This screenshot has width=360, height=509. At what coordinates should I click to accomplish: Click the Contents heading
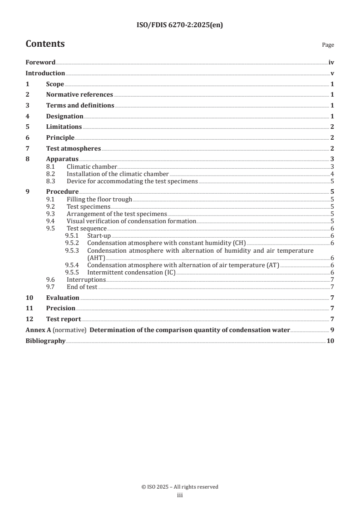pos(45,44)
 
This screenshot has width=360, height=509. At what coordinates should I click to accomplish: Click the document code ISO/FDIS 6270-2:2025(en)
pos(180,25)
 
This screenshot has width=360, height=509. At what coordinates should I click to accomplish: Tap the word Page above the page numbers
pos(328,45)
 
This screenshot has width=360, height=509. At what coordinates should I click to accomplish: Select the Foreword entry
pos(40,63)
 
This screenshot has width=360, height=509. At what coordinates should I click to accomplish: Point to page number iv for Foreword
pos(331,63)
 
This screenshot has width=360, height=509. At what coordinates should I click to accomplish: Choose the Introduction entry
pos(45,73)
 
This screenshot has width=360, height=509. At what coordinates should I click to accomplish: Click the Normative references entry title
pos(79,95)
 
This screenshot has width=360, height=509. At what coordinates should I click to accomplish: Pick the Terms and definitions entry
pos(80,105)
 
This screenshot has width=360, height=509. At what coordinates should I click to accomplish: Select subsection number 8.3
pos(51,181)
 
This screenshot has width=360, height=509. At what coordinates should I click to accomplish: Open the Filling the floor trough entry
pos(99,199)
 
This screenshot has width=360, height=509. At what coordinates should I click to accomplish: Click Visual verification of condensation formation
pos(131,221)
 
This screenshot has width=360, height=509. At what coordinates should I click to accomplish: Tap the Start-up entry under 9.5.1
pos(99,236)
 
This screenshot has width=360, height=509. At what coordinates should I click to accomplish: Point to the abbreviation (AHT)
pos(96,258)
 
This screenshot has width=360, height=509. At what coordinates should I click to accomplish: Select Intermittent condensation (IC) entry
pos(131,272)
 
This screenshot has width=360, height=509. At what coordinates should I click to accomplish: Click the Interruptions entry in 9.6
pos(86,279)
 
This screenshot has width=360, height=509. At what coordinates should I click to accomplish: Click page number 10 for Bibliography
pos(330,341)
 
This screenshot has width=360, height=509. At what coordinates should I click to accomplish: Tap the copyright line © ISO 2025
pos(180,487)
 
